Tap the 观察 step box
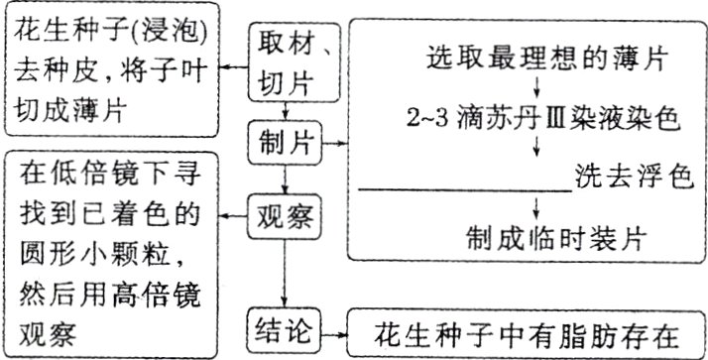[x=286, y=212]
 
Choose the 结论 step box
[x=286, y=329]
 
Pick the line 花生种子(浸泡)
[x=111, y=32]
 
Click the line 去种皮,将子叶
[x=111, y=68]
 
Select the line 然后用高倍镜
[x=111, y=293]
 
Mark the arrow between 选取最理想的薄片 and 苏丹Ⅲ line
[x=536, y=87]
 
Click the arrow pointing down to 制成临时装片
[x=536, y=209]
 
